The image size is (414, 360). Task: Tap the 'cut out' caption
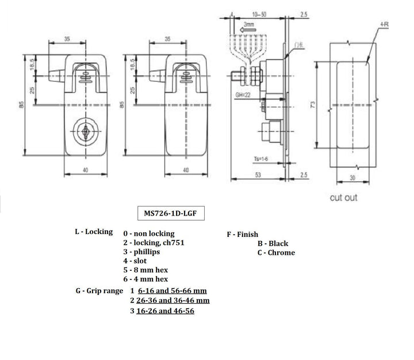point(343,197)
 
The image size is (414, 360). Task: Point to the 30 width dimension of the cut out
point(351,179)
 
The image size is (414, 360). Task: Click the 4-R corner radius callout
point(384,25)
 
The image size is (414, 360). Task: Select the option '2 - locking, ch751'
point(154,243)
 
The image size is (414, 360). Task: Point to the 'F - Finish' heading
point(242,235)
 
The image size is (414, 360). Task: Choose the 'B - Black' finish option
point(273,243)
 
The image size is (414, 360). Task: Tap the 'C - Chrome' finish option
point(276,252)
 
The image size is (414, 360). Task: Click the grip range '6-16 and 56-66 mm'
point(172,291)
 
